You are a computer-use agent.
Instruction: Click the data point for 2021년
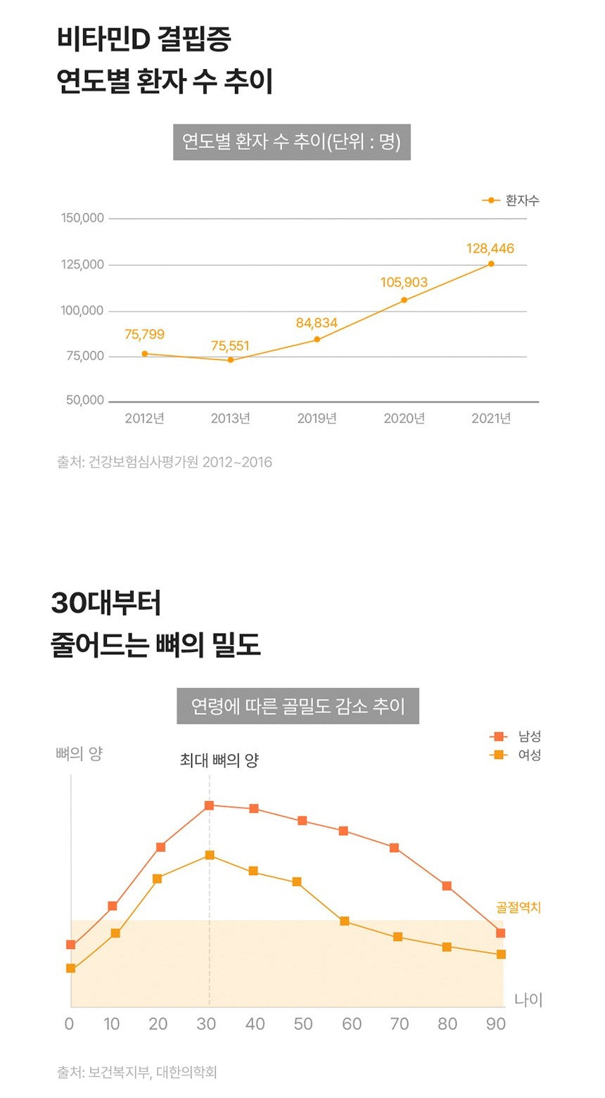pos(491,264)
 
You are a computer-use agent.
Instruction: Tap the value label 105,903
pos(404,282)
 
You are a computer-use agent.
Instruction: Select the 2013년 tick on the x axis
pos(231,419)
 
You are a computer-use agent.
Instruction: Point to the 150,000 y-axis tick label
pos(82,218)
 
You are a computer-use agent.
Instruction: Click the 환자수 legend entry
pos(511,200)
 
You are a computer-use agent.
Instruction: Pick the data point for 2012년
pos(145,354)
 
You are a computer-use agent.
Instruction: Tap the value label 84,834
pos(317,323)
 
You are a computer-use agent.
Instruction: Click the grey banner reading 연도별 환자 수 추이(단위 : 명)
pos(291,142)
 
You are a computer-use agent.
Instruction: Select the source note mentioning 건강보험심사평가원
pos(165,462)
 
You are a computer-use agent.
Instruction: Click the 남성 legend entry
pos(516,736)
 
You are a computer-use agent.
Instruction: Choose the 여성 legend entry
pos(516,755)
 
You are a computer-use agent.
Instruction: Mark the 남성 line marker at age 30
pos(209,805)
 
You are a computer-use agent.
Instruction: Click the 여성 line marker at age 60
pos(345,921)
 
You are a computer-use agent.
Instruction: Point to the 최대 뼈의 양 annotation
pos(219,760)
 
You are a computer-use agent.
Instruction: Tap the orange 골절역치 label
pos(518,907)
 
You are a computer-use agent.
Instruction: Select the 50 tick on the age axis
pos(303,1024)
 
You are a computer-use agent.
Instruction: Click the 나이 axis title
pos(528,1000)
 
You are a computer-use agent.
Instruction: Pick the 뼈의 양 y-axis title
pos(79,754)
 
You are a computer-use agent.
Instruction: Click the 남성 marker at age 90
pos(501,933)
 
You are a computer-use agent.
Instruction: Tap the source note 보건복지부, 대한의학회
pos(137,1073)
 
